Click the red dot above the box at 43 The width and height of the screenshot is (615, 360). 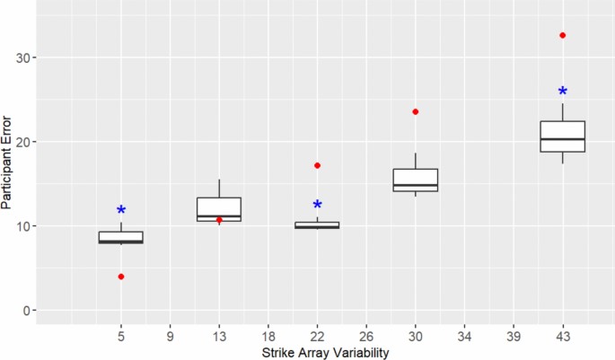click(x=562, y=35)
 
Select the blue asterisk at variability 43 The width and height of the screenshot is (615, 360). click(x=562, y=92)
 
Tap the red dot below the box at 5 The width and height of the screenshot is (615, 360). click(x=121, y=277)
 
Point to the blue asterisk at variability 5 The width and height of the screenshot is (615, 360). click(x=121, y=211)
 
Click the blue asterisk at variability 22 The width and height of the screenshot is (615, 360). click(x=317, y=206)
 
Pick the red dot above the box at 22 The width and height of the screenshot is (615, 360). click(x=317, y=165)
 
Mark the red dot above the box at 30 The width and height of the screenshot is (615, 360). click(x=415, y=111)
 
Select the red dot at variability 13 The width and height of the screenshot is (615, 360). click(x=219, y=220)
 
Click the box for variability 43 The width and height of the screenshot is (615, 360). click(x=562, y=136)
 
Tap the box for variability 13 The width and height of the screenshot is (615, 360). click(x=219, y=208)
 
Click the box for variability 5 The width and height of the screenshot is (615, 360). click(x=121, y=238)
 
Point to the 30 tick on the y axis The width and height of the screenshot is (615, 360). click(x=35, y=57)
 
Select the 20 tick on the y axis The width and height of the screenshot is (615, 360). click(x=35, y=142)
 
